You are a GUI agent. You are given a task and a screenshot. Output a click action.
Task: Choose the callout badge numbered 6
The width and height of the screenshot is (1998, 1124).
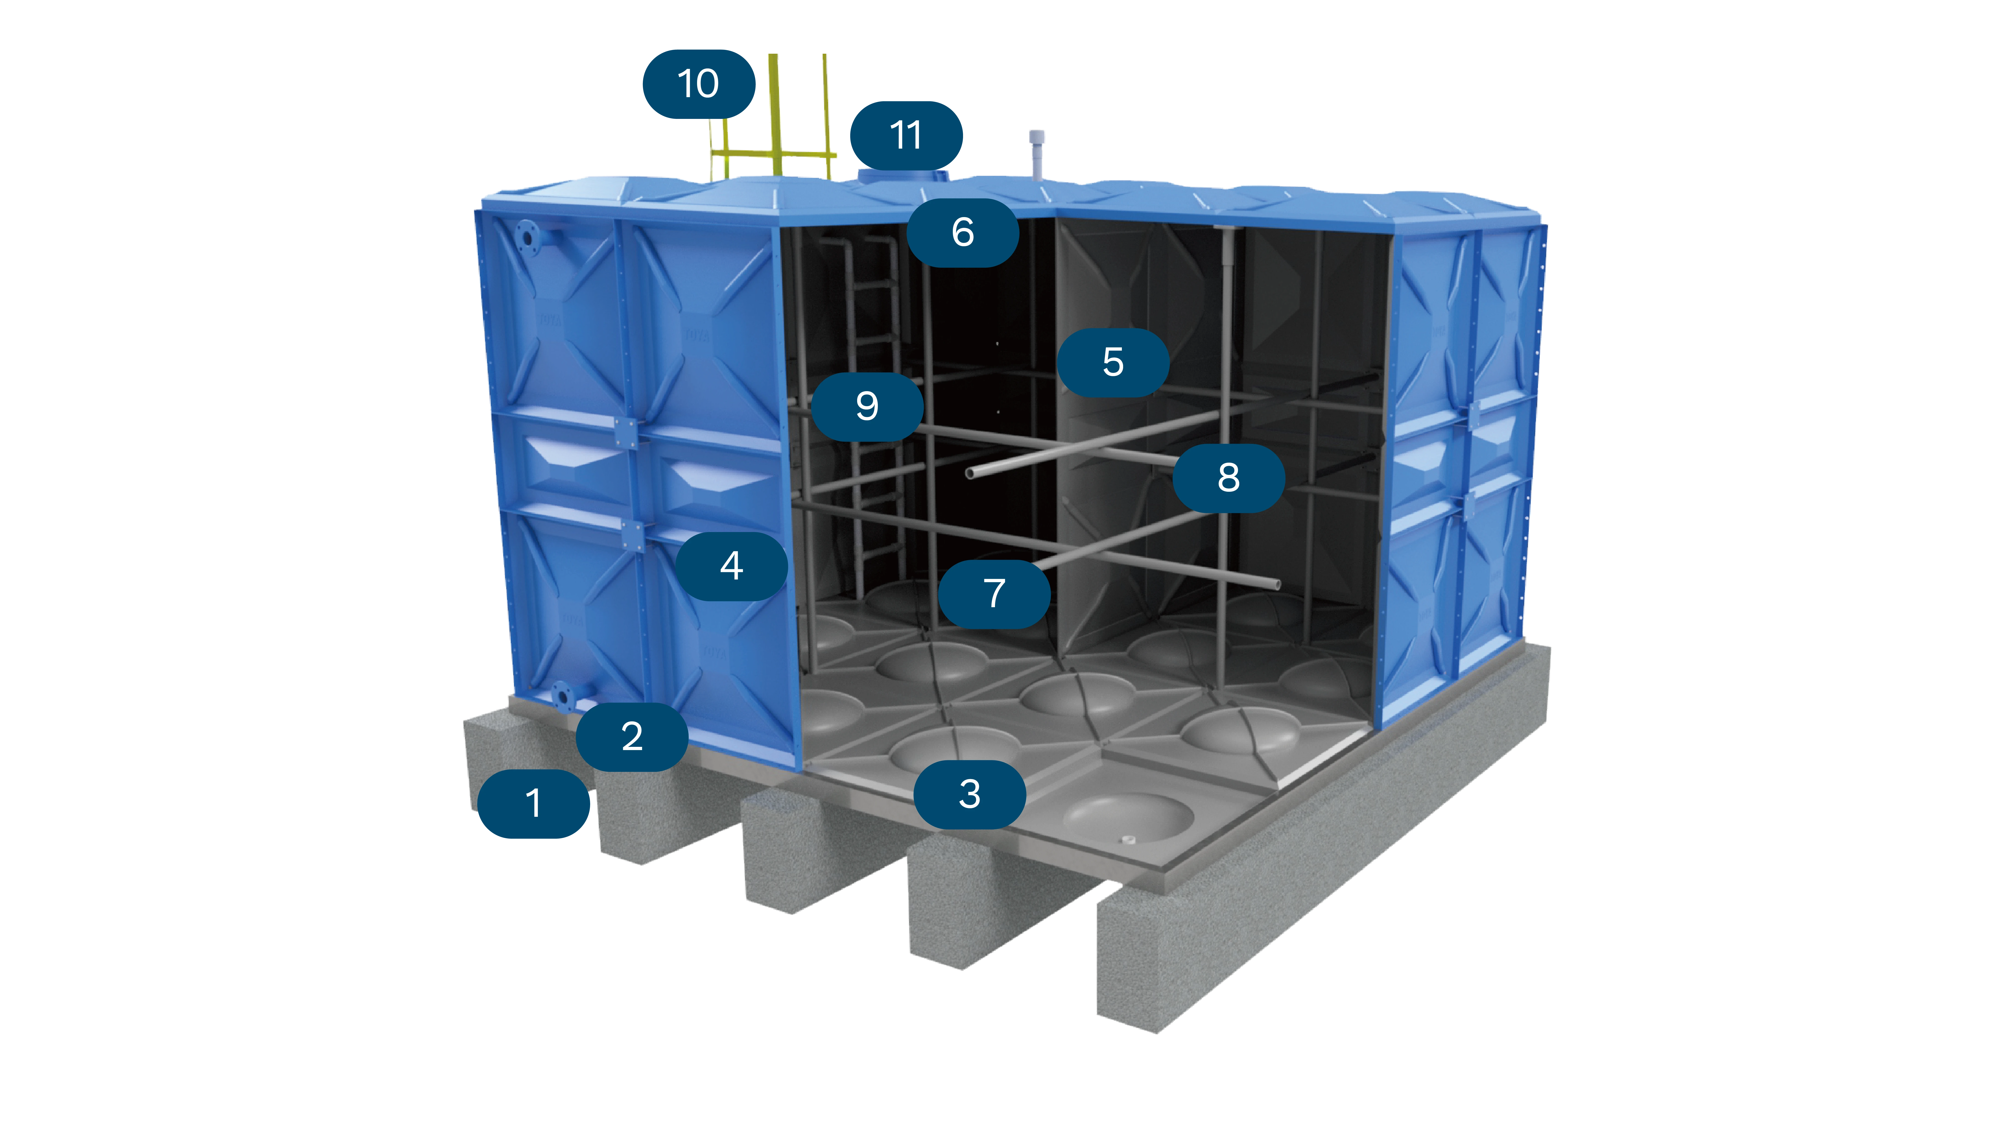963,232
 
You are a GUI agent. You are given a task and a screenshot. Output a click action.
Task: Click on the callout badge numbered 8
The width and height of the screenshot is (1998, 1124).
1228,478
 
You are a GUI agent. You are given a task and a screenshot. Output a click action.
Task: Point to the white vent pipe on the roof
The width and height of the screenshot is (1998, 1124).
1037,155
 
